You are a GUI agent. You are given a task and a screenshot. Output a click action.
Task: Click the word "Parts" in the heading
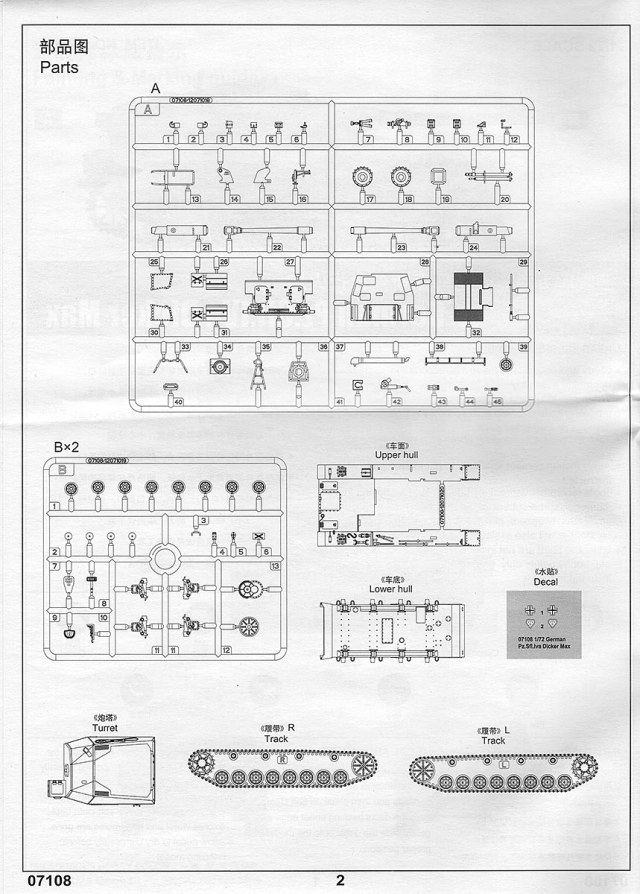point(59,67)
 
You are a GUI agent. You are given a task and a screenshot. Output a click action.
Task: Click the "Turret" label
point(105,728)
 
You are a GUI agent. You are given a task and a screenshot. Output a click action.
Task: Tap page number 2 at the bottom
point(340,881)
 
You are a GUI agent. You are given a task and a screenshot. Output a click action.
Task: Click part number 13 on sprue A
point(196,199)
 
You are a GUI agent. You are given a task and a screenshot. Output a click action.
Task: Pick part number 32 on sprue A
point(477,333)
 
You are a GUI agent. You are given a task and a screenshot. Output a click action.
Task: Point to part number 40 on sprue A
point(178,402)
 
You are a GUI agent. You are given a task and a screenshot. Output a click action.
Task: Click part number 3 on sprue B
point(205,522)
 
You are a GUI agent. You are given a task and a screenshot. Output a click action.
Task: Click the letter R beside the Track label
point(291,726)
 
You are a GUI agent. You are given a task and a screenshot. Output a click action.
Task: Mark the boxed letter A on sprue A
point(151,110)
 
